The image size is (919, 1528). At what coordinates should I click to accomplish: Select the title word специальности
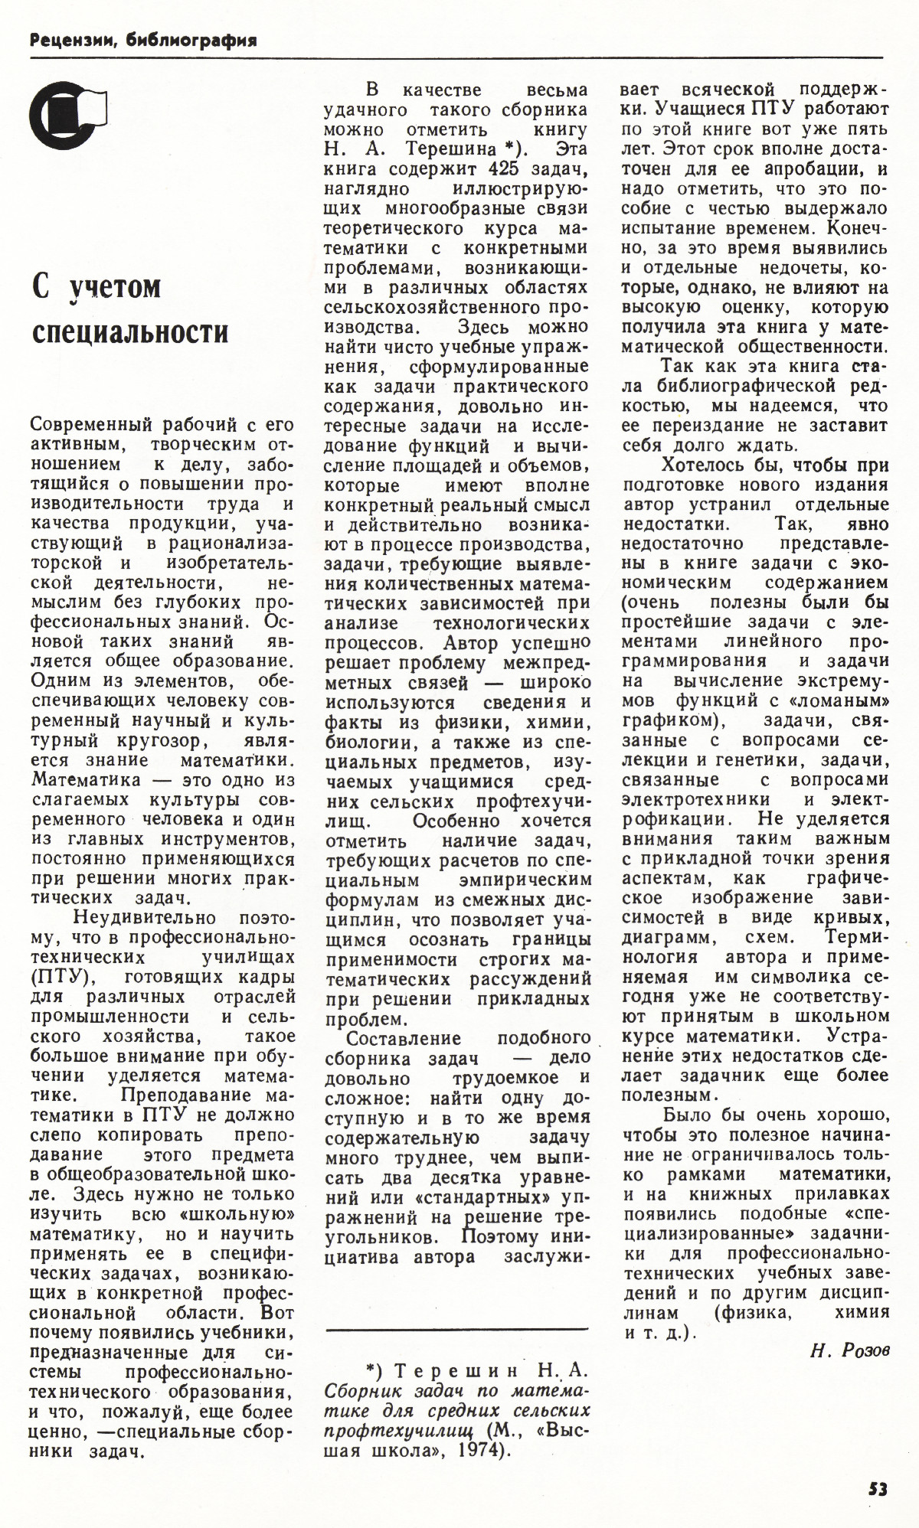pos(130,333)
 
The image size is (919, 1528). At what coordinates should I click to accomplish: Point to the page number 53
pos(878,1489)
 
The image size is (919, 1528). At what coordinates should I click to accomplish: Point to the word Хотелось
pos(705,464)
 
